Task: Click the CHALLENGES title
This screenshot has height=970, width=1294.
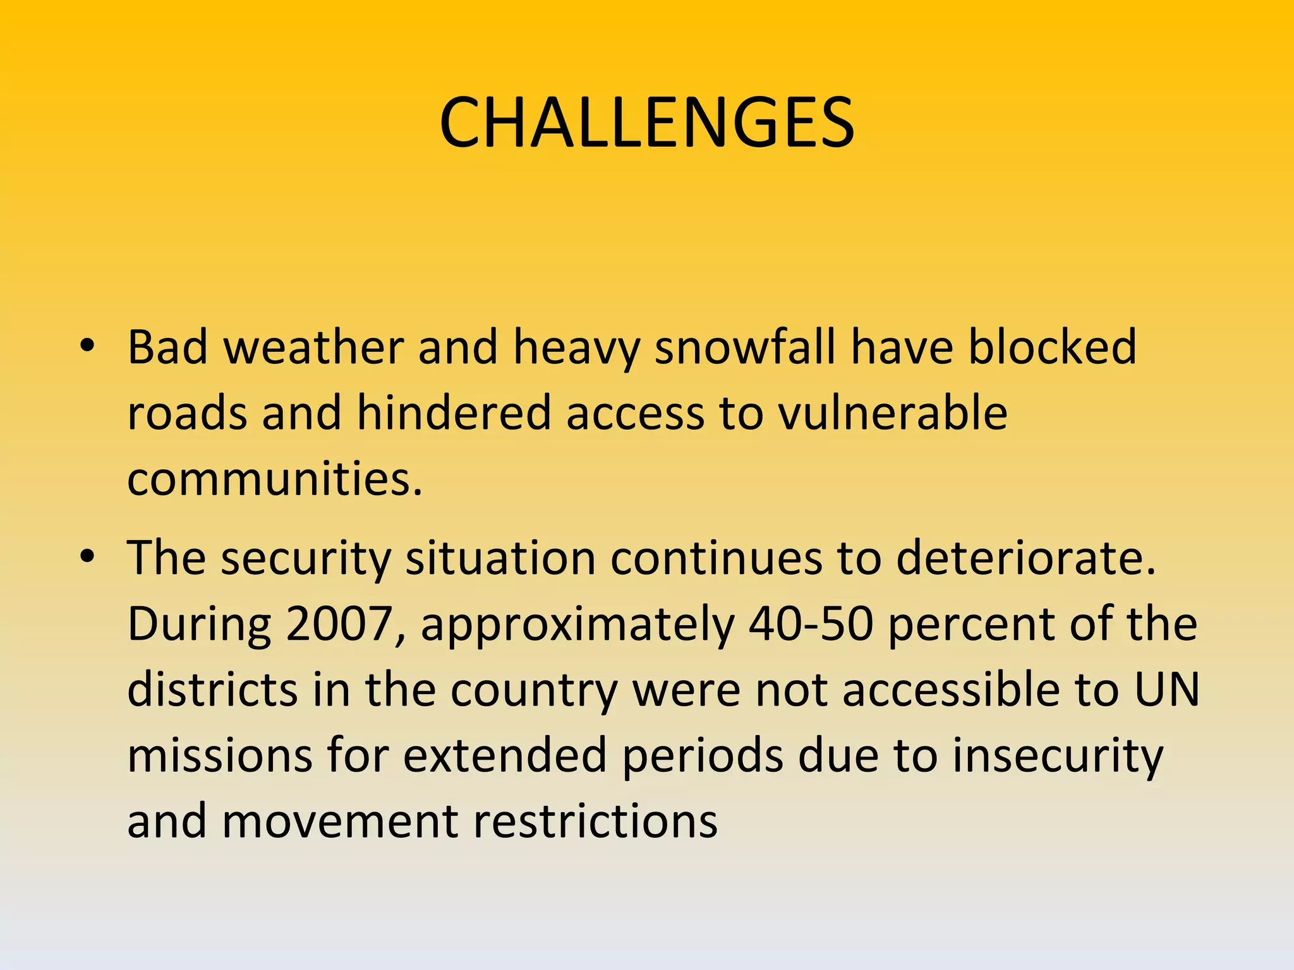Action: coord(646,123)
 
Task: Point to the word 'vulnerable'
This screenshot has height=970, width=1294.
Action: coord(892,413)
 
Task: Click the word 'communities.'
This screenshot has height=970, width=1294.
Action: coord(275,479)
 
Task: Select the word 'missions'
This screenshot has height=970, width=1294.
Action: coord(219,755)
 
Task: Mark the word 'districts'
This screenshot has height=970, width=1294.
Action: coord(212,690)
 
